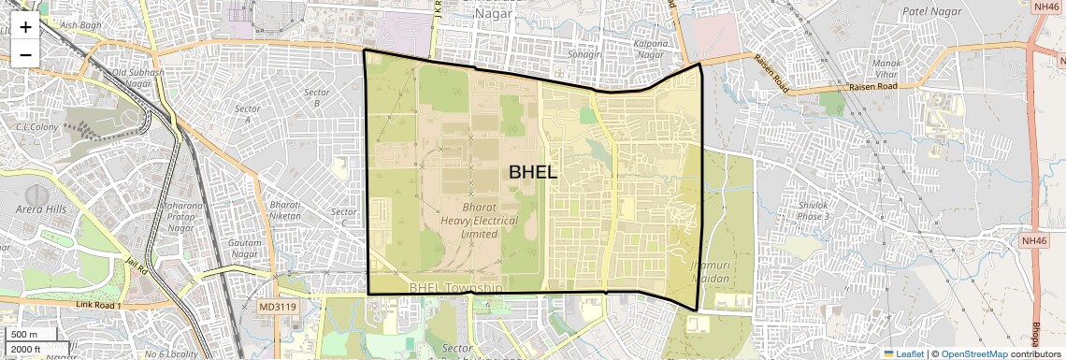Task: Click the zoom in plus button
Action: tap(25, 26)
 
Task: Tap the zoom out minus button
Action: tap(25, 54)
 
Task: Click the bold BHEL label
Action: tap(533, 172)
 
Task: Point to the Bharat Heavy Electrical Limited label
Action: tap(479, 221)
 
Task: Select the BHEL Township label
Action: tap(456, 289)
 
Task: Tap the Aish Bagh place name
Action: tap(79, 26)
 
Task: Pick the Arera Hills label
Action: tap(41, 209)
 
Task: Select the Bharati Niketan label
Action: tap(285, 209)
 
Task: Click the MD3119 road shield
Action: tap(278, 307)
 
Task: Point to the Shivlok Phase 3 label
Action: tap(814, 210)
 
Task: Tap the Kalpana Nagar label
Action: tap(650, 50)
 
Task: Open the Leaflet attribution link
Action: tap(903, 353)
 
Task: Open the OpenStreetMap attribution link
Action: tap(973, 353)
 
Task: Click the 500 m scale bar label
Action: tap(24, 335)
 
